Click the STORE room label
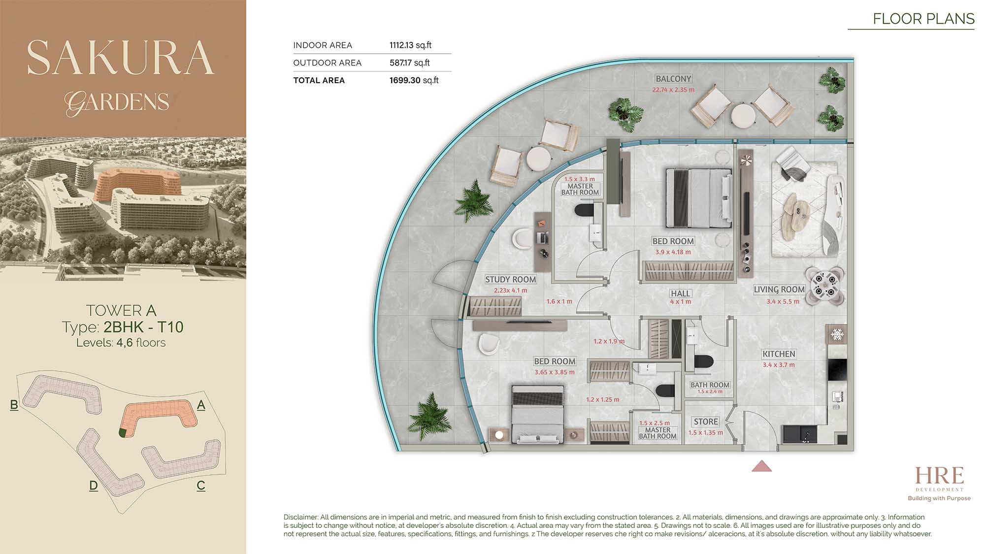[x=706, y=422]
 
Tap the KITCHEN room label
[x=779, y=354]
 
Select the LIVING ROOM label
[x=779, y=290]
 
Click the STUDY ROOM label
[x=511, y=279]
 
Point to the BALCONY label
[x=674, y=79]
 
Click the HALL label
[x=680, y=293]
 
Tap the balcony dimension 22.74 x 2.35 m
[x=673, y=90]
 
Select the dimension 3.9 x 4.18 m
[x=673, y=252]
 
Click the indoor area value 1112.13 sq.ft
[x=410, y=45]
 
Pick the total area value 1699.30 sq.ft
[x=414, y=80]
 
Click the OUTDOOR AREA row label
[x=327, y=63]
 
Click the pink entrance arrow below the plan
[x=761, y=466]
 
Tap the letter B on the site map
[x=14, y=405]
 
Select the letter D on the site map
[x=94, y=486]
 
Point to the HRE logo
[x=939, y=476]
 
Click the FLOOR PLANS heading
[x=923, y=19]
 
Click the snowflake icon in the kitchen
[x=837, y=335]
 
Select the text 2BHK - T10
[x=143, y=327]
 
